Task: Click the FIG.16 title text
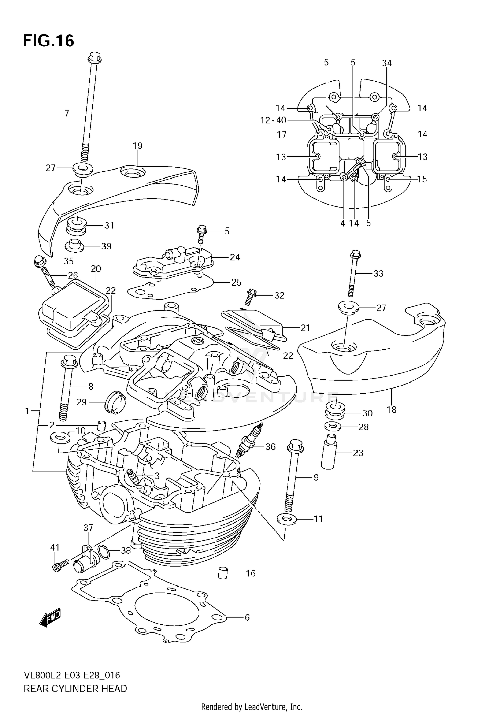(x=48, y=41)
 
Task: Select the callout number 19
(x=137, y=146)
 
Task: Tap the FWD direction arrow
(x=50, y=617)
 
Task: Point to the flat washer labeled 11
(x=286, y=519)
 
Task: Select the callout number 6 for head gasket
(x=247, y=617)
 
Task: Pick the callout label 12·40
(x=274, y=120)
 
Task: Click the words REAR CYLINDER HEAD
(x=75, y=689)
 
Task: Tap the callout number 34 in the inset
(x=387, y=63)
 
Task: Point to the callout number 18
(x=391, y=410)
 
